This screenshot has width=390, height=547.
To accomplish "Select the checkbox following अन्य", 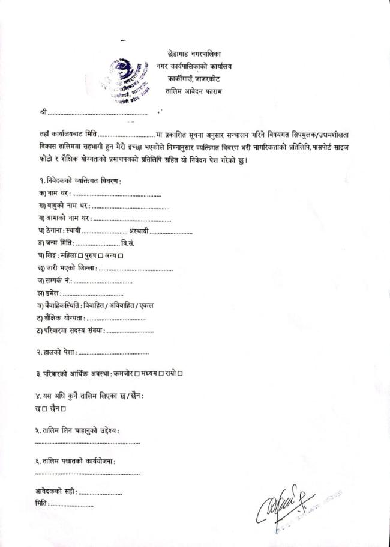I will coord(121,257).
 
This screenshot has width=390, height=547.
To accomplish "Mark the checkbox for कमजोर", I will coord(137,374).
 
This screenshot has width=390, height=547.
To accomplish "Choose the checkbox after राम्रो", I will coord(180,374).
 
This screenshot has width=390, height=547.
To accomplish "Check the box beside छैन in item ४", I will coord(63,409).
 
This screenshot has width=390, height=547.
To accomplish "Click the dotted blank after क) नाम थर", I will coord(116,195).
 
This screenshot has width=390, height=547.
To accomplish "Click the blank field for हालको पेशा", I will coord(113,352).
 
